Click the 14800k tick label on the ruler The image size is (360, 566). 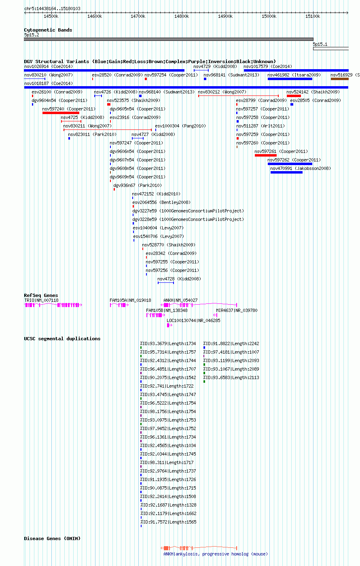pyautogui.click(x=182, y=17)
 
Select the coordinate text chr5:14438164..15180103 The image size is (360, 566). pyautogui.click(x=52, y=8)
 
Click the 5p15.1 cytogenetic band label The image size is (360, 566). pyautogui.click(x=320, y=44)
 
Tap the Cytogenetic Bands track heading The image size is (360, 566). pyautogui.click(x=48, y=30)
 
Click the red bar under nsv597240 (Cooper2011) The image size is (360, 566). pyautogui.click(x=61, y=113)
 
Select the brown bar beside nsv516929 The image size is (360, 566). pyautogui.click(x=339, y=79)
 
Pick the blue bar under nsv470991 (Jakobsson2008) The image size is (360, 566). pyautogui.click(x=286, y=173)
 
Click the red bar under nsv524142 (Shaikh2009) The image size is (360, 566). pyautogui.click(x=294, y=96)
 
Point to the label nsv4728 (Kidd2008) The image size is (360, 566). pyautogui.click(x=179, y=279)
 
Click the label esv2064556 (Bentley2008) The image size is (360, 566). pyautogui.click(x=161, y=202)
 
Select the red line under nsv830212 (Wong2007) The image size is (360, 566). pyautogui.click(x=238, y=96)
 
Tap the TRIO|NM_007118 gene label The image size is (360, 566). pyautogui.click(x=41, y=300)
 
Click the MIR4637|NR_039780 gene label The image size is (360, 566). pyautogui.click(x=237, y=310)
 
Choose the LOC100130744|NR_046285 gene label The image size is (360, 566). pyautogui.click(x=193, y=320)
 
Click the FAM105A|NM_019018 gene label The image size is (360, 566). pyautogui.click(x=130, y=300)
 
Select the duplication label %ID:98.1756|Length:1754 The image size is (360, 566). pyautogui.click(x=168, y=411)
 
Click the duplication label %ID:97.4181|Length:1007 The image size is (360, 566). pyautogui.click(x=231, y=352)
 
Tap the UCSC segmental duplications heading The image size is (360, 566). pyautogui.click(x=62, y=339)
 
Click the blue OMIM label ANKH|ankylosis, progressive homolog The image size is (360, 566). pyautogui.click(x=216, y=554)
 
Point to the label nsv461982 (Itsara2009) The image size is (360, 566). pyautogui.click(x=294, y=75)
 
